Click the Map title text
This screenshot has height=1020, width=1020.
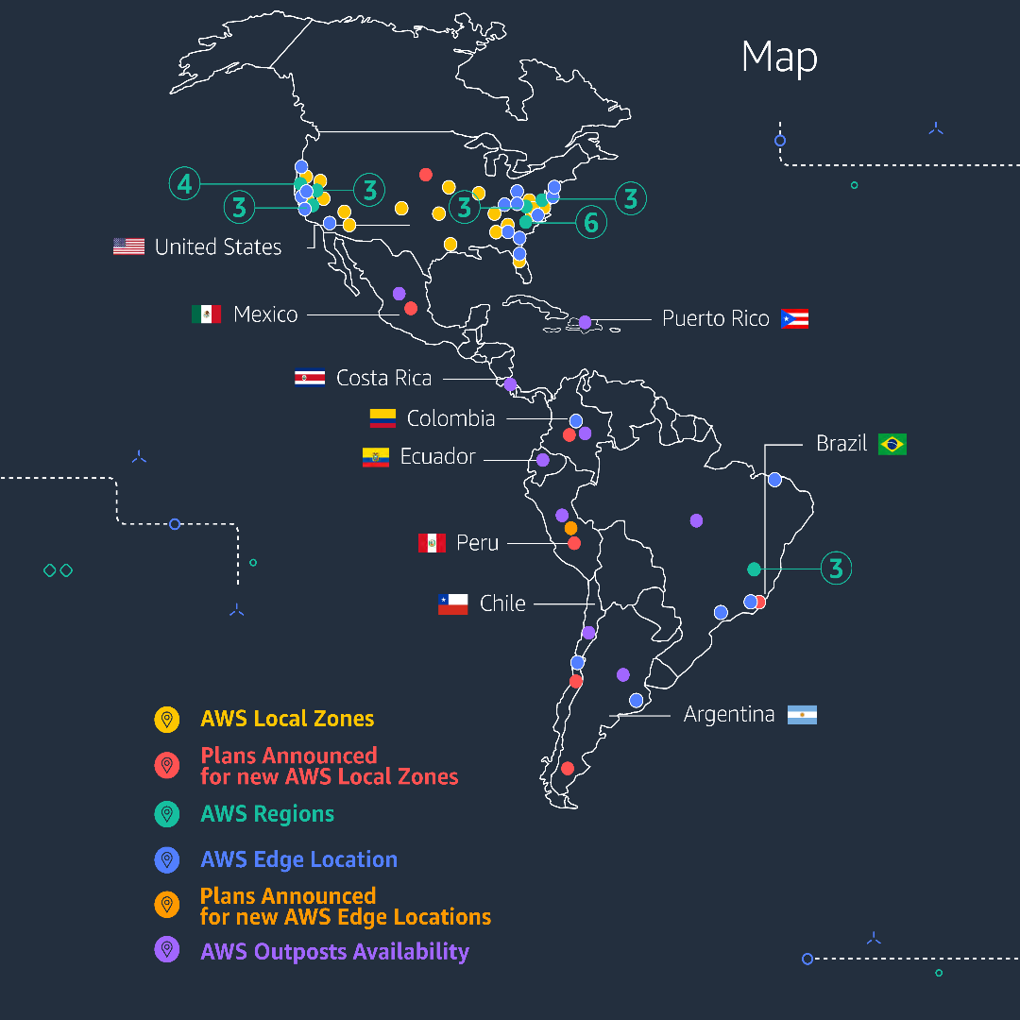(779, 59)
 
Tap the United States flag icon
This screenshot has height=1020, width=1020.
(128, 246)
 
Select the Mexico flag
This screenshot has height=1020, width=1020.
(206, 314)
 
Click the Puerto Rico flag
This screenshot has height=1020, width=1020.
(794, 318)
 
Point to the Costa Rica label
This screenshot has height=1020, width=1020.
(383, 378)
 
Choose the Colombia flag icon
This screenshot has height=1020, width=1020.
(382, 418)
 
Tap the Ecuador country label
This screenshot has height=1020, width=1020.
(437, 457)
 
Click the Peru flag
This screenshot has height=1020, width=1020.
(432, 543)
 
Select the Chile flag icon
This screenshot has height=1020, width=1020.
(452, 603)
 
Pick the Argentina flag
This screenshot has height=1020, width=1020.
(803, 715)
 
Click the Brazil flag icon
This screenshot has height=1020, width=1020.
(892, 444)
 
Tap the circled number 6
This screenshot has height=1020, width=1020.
(591, 223)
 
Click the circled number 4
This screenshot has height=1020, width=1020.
(184, 183)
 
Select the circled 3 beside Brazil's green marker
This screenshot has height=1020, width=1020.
(836, 569)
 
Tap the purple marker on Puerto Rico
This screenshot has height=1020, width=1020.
(585, 322)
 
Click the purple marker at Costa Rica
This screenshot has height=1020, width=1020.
(510, 384)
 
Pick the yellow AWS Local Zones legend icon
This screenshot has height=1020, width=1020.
(167, 719)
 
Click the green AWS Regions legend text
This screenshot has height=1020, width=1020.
(267, 814)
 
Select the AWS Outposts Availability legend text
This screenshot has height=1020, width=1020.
(334, 951)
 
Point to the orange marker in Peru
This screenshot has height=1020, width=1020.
(570, 528)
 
